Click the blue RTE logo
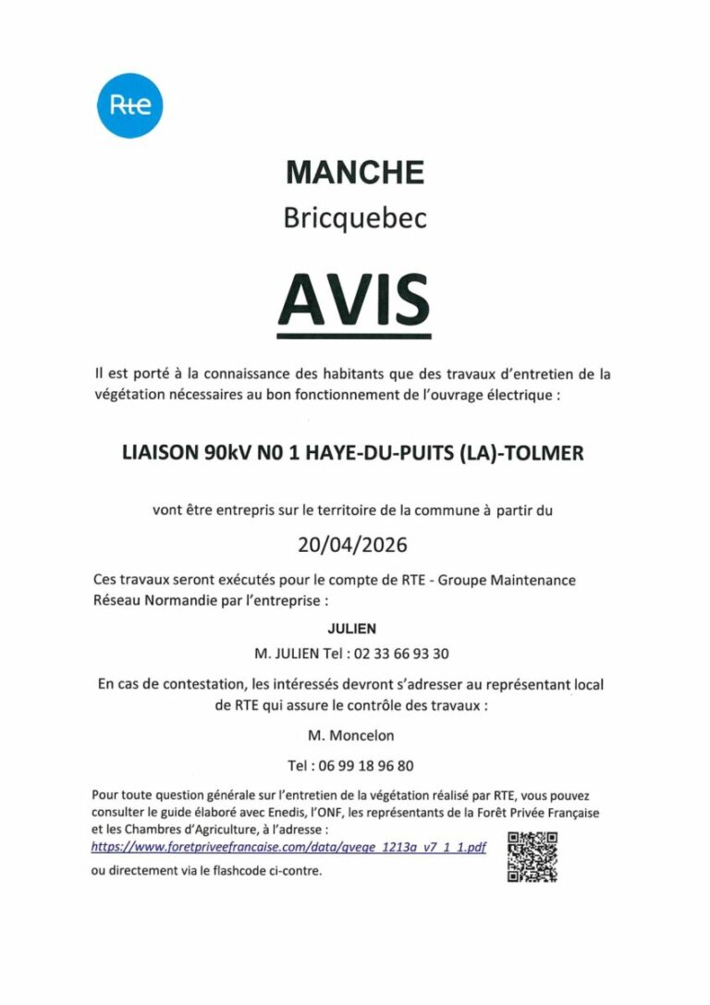tap(129, 104)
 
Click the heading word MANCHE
tap(355, 172)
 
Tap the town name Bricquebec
tap(355, 220)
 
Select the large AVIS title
tap(355, 296)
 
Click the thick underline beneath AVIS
tap(355, 336)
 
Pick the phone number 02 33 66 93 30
tap(399, 654)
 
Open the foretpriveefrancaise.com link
tap(288, 847)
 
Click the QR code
tap(532, 857)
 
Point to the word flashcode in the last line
tap(240, 871)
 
